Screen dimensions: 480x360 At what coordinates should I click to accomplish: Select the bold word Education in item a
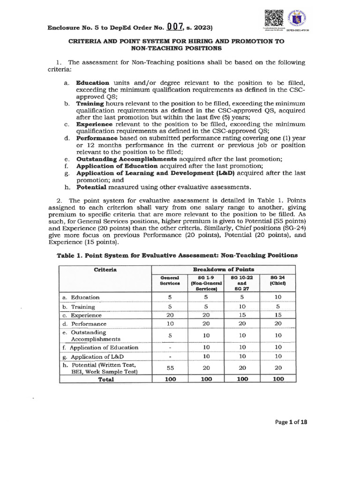coord(93,82)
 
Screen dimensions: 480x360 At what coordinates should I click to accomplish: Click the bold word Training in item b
coord(91,103)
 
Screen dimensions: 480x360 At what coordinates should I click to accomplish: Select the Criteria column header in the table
coord(105,270)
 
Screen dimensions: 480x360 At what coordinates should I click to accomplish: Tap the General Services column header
coord(170,281)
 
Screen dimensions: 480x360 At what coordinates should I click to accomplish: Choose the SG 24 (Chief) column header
coord(278,281)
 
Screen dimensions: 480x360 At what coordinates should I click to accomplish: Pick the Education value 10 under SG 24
coord(278,297)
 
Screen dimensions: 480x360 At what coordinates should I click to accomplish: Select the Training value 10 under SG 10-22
coord(242,307)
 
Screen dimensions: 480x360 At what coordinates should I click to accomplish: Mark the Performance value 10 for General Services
coord(170,324)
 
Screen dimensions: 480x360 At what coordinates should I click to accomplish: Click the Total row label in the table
coord(105,379)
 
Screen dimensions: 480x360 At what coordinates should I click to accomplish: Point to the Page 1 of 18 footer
coord(291,422)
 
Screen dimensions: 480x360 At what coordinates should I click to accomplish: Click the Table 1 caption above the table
coord(177,255)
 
